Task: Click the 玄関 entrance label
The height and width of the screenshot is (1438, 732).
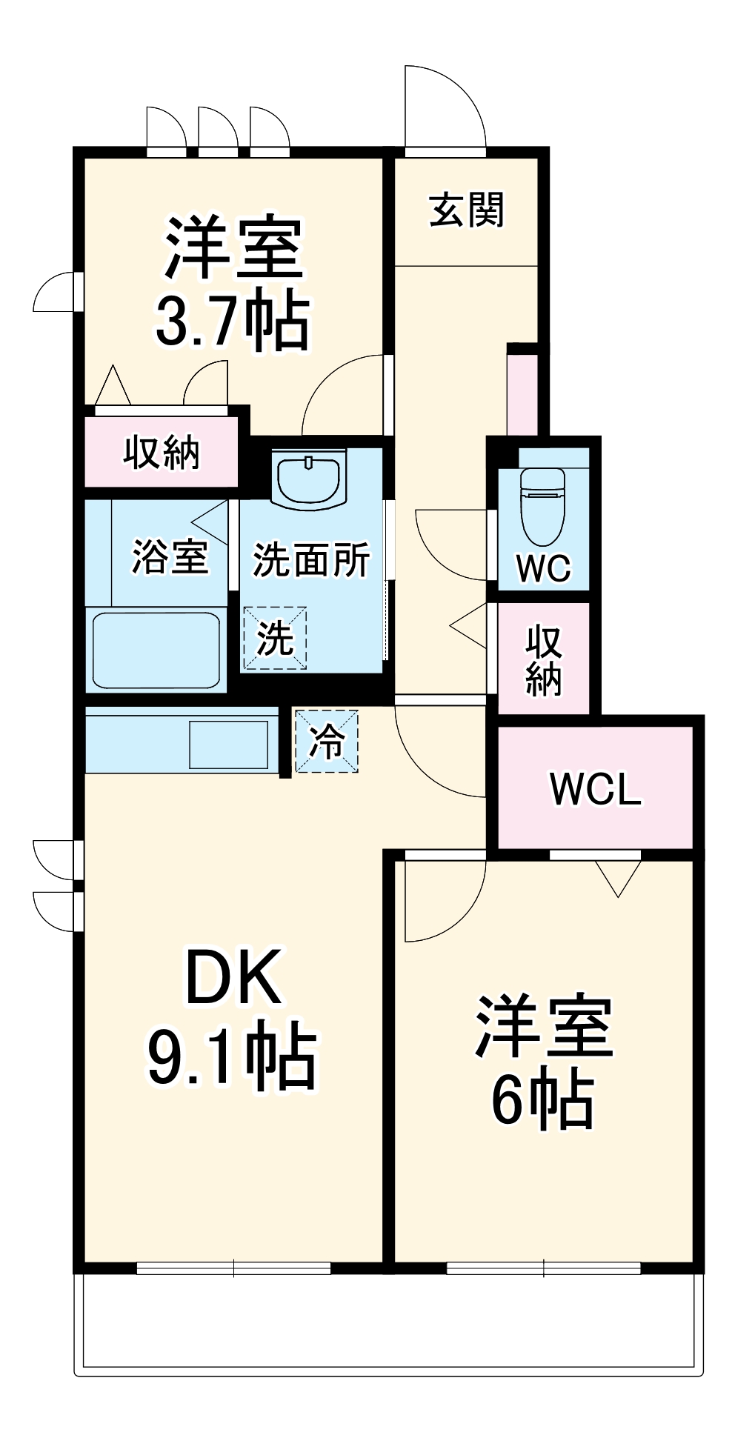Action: pos(466,210)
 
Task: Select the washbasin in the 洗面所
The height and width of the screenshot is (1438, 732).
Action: pos(308,479)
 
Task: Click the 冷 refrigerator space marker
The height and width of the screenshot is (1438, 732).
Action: pos(327,742)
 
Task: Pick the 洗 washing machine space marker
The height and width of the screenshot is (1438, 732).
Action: pos(275,638)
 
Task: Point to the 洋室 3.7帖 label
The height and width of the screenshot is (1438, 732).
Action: pos(233,282)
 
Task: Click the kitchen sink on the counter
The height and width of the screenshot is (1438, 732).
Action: pos(228,744)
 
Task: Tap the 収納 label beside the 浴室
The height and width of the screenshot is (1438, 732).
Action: pos(161,452)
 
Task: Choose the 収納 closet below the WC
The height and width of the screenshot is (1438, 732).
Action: pos(543,659)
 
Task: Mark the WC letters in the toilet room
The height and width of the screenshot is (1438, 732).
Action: pos(543,568)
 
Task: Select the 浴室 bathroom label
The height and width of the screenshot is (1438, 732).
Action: pos(170,556)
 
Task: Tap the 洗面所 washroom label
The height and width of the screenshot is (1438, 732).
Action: pos(311,559)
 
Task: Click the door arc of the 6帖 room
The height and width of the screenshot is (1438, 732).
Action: pos(445,900)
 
